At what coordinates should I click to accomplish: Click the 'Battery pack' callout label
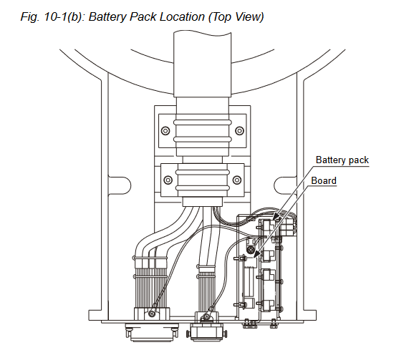click(x=342, y=160)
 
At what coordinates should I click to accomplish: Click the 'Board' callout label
click(x=324, y=181)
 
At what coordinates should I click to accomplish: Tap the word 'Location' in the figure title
click(x=182, y=17)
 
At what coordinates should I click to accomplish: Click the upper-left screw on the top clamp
click(x=165, y=130)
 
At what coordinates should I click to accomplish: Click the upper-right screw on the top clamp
click(x=239, y=130)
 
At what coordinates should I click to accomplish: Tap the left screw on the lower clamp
click(x=168, y=180)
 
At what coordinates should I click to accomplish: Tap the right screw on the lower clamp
click(x=237, y=180)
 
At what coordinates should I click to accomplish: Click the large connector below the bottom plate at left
click(x=152, y=332)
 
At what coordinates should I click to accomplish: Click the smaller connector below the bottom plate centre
click(x=206, y=333)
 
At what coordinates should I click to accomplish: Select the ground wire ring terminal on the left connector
click(x=153, y=313)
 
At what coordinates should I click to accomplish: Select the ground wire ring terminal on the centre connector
click(x=206, y=317)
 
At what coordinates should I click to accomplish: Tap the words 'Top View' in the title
click(x=236, y=17)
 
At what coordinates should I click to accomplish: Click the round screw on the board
click(x=251, y=250)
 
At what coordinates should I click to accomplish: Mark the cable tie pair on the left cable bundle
click(x=150, y=268)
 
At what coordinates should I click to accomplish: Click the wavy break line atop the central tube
click(x=202, y=33)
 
